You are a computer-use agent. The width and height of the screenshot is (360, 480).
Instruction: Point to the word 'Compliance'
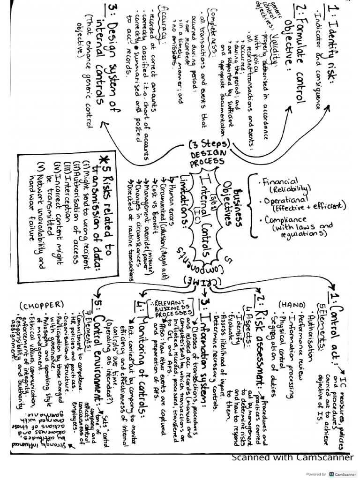click(286, 220)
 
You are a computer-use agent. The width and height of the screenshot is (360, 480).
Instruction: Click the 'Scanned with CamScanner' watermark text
click(293, 457)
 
